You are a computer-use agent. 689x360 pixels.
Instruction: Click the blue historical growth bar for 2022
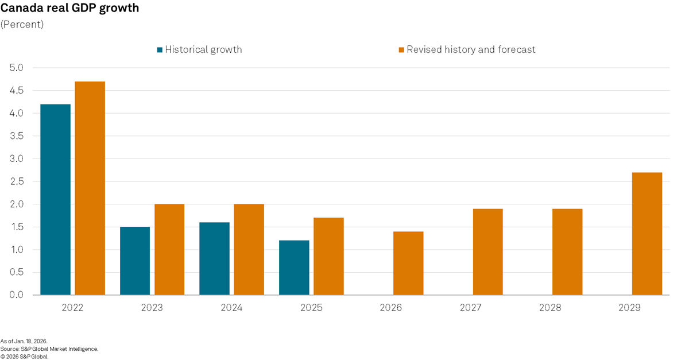pos(55,199)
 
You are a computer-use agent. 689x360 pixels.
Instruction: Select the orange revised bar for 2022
pos(90,188)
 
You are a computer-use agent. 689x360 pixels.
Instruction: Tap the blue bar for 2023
pos(135,261)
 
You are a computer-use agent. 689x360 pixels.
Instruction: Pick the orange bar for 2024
pos(249,249)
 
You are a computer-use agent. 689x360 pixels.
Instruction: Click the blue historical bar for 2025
pos(294,268)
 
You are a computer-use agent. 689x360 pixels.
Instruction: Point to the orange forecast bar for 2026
pos(408,263)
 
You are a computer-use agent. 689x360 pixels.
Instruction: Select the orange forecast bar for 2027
pos(487,251)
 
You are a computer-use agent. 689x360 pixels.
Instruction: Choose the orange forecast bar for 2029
pos(647,234)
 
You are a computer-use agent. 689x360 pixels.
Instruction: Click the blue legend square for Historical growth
pos(160,50)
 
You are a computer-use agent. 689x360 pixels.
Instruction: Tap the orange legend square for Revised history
pos(401,50)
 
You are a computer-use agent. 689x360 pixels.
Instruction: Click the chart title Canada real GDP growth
pos(69,9)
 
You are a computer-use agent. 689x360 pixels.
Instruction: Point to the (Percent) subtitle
pos(22,25)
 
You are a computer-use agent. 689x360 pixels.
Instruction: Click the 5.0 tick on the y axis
pos(16,68)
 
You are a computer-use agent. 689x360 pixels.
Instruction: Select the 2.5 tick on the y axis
pos(16,181)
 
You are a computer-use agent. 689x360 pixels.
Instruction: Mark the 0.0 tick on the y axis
pos(16,295)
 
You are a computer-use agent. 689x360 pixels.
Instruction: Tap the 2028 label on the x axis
pos(550,308)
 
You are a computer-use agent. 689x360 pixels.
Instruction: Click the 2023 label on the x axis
pos(152,308)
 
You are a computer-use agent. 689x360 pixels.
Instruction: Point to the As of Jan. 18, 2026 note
pos(24,341)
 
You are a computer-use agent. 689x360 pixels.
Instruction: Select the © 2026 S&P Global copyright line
pos(25,356)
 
